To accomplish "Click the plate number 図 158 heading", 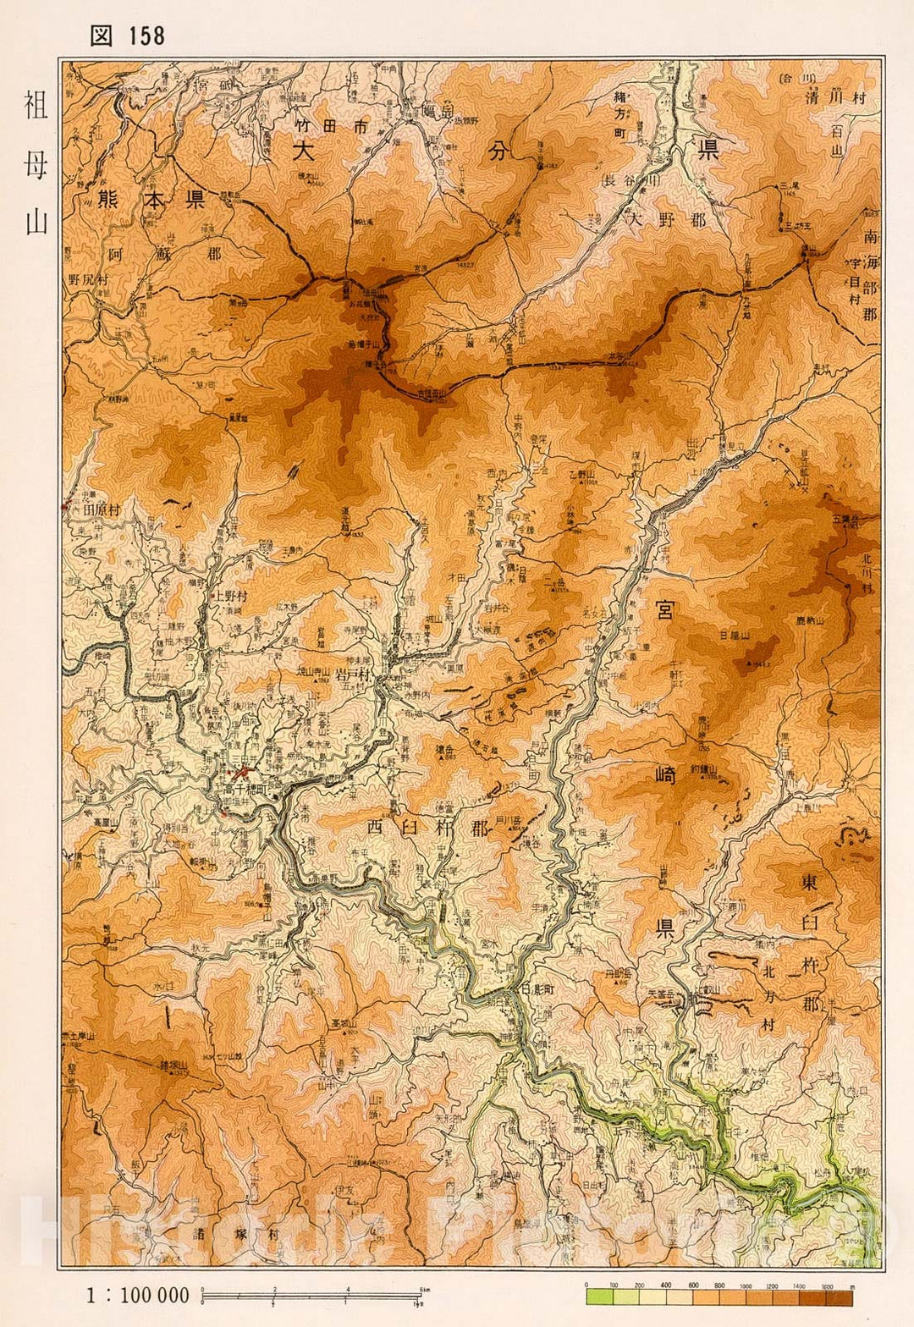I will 127,36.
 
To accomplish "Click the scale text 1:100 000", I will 137,1296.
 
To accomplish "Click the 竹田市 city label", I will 333,128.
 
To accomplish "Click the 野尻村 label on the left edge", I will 89,278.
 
